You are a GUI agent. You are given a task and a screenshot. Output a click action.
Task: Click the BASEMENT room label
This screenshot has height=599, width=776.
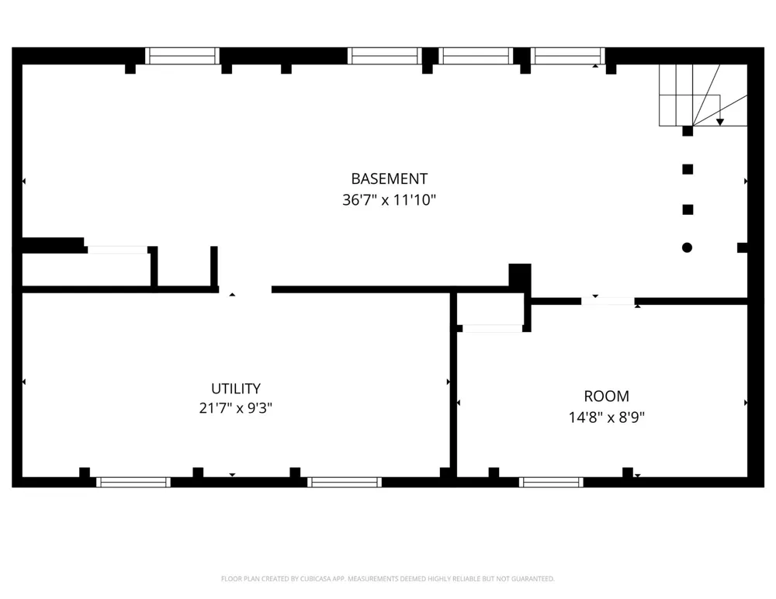(x=389, y=178)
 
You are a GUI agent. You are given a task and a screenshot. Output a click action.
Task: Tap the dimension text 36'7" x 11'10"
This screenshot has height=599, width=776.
(x=389, y=200)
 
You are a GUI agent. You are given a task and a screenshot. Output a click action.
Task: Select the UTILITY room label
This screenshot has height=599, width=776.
(x=236, y=389)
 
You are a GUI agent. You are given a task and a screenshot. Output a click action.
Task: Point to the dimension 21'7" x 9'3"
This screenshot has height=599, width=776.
(x=236, y=408)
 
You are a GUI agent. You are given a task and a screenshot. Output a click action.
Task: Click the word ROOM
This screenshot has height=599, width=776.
(x=606, y=396)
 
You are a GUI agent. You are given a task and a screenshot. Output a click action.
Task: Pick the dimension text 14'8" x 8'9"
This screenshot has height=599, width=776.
(x=606, y=417)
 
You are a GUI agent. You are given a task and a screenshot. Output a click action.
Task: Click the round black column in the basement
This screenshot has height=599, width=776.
(x=687, y=248)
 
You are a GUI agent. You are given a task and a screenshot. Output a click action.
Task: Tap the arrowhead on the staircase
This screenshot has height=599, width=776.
(x=720, y=122)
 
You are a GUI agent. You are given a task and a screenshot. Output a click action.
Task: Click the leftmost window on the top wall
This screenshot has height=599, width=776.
(x=182, y=56)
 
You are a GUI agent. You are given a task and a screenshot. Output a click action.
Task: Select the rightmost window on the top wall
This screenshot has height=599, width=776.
(x=568, y=56)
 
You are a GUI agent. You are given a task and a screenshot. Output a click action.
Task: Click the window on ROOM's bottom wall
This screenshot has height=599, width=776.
(x=551, y=482)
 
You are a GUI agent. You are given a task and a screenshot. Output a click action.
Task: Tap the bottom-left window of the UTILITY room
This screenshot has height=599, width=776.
(x=133, y=482)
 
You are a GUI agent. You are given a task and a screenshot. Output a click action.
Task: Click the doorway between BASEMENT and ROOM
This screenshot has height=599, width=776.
(x=608, y=301)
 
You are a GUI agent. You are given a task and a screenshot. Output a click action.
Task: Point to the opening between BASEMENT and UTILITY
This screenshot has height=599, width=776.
(x=245, y=289)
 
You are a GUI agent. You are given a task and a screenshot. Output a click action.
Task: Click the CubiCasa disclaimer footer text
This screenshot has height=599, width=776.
(x=387, y=579)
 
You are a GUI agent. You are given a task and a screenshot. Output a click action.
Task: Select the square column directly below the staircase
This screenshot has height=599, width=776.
(x=688, y=131)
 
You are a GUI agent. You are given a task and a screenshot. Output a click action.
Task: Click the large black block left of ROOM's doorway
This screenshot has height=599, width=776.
(x=520, y=275)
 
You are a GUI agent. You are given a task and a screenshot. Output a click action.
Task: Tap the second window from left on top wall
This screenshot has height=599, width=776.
(x=385, y=56)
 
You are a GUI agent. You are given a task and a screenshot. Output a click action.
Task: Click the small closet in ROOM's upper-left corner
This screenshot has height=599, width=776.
(x=490, y=310)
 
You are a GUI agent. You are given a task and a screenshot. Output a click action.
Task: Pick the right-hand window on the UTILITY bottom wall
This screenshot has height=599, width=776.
(x=345, y=482)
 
